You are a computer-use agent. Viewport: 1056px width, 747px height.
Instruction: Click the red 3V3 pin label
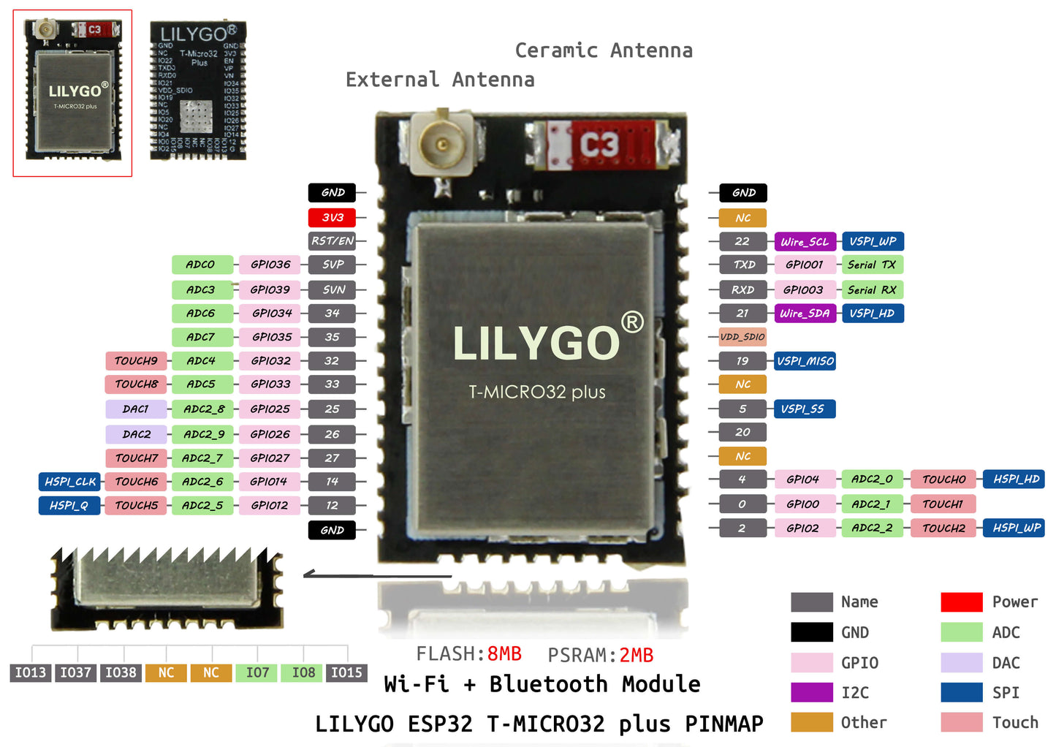click(x=332, y=217)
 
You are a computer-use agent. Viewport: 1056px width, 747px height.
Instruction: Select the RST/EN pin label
click(x=332, y=240)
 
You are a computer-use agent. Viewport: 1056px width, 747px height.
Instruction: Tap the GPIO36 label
click(x=270, y=265)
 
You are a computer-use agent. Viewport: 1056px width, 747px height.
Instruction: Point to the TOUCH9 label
click(x=136, y=360)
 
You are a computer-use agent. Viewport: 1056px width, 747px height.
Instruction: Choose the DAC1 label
click(x=136, y=409)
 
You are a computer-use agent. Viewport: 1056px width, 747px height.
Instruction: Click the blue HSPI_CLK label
click(x=69, y=482)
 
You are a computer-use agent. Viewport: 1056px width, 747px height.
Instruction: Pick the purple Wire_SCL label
click(x=804, y=241)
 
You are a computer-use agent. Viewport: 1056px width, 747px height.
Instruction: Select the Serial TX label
click(x=872, y=265)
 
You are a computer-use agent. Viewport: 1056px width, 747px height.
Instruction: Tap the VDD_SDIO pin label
click(x=742, y=337)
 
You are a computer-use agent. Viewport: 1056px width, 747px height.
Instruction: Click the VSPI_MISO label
click(x=805, y=361)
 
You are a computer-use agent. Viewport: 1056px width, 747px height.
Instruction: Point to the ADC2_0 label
click(x=872, y=479)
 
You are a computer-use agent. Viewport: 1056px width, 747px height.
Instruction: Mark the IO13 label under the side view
click(x=31, y=672)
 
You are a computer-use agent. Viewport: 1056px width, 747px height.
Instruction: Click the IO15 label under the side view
click(x=346, y=672)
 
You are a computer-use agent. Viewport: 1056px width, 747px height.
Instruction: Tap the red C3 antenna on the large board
click(x=599, y=145)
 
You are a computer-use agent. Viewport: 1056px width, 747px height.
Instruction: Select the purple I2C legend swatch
click(x=811, y=692)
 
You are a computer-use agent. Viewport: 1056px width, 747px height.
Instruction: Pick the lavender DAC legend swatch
click(x=961, y=662)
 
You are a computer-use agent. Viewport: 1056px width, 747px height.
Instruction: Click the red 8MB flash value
click(x=504, y=653)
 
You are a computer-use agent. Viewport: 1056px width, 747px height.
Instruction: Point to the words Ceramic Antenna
click(x=604, y=50)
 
